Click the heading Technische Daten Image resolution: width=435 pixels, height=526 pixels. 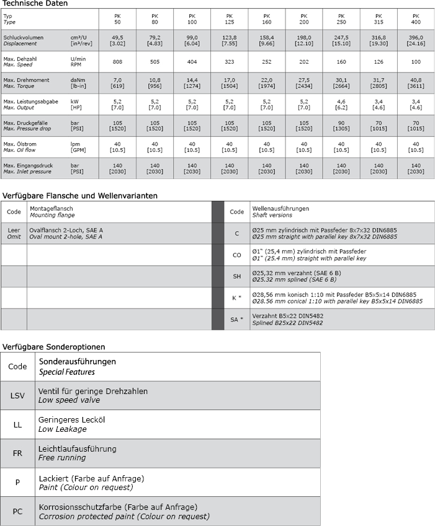click(x=35, y=4)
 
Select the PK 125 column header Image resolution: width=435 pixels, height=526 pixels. click(x=229, y=18)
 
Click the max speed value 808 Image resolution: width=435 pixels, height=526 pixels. click(x=117, y=62)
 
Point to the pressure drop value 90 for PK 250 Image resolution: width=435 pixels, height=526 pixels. click(x=341, y=123)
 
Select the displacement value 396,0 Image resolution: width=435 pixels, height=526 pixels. click(x=416, y=38)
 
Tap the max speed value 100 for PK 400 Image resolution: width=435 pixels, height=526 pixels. click(x=416, y=62)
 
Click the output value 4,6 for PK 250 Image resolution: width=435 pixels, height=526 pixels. click(x=341, y=101)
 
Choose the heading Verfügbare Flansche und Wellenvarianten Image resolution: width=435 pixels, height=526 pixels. click(x=80, y=196)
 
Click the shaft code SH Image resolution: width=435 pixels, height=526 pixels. click(x=236, y=276)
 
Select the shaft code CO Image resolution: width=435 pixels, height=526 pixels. click(x=236, y=255)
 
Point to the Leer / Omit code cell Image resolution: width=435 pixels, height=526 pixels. click(x=14, y=233)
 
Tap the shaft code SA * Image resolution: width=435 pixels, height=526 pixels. click(x=236, y=320)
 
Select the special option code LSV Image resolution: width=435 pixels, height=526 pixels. click(x=17, y=395)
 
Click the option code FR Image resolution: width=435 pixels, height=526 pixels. click(x=17, y=452)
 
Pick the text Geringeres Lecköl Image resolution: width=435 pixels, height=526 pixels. click(x=72, y=419)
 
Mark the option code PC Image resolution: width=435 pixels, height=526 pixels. click(x=17, y=511)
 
